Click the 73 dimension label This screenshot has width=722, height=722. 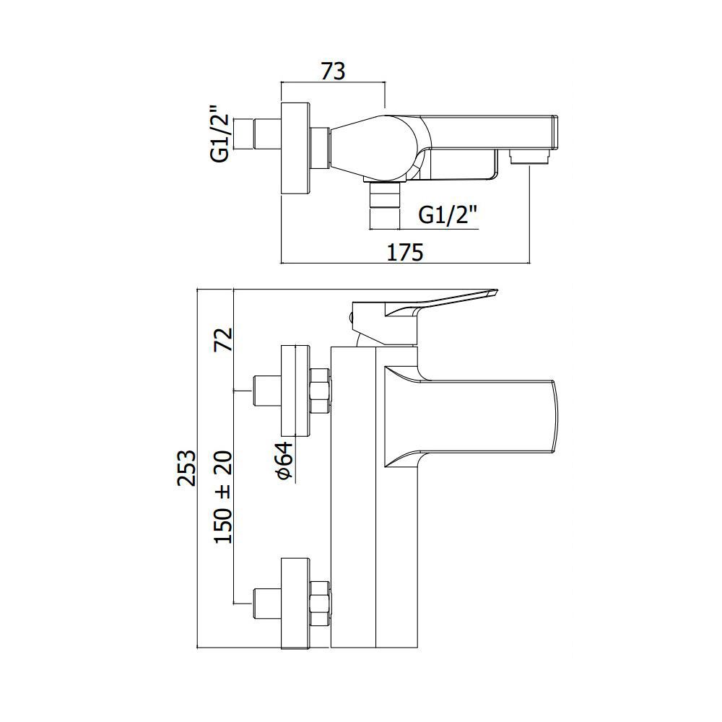coord(333,71)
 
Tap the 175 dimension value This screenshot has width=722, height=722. coord(404,252)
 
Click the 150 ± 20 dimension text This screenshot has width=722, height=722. coord(225,497)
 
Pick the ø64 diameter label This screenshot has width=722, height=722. coord(285,461)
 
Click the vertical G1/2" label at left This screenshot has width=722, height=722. coord(220,134)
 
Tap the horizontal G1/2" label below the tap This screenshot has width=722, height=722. coord(447,214)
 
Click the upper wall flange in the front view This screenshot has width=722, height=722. coord(296,391)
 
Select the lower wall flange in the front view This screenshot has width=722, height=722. coord(296,603)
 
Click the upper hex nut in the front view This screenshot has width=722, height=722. coord(321,391)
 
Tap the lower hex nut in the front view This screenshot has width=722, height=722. coord(321,603)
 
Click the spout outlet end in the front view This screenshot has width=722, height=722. coord(554,417)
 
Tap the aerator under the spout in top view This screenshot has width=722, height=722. coord(529,157)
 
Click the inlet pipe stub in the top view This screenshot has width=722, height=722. coord(267,134)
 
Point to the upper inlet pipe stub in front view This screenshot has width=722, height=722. coord(267,391)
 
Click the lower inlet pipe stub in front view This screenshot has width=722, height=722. coord(267,603)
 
